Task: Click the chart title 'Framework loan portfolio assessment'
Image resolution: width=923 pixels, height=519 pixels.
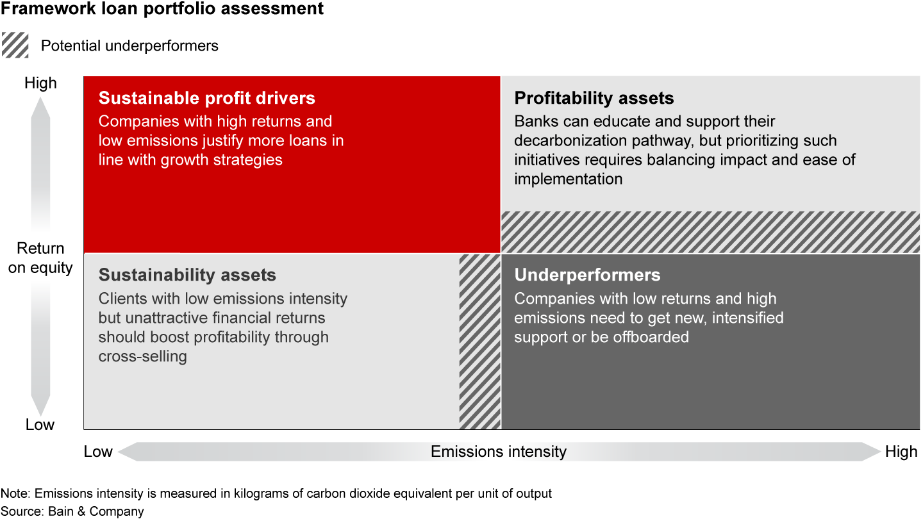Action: [162, 8]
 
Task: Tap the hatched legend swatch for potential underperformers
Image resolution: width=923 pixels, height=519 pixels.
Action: [15, 45]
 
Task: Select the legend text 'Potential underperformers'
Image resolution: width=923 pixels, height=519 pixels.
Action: [129, 45]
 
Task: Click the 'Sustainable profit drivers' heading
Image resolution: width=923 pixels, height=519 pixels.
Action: [206, 98]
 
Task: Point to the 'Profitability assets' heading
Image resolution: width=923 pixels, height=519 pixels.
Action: [594, 98]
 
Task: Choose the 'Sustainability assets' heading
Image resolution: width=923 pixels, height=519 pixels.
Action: [187, 275]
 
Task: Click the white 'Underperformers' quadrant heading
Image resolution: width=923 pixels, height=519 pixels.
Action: [587, 275]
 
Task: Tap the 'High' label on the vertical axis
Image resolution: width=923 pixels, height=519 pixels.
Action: [40, 83]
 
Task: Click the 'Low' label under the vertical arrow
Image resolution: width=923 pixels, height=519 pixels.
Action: [40, 424]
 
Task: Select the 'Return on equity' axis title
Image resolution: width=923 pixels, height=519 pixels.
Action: [40, 258]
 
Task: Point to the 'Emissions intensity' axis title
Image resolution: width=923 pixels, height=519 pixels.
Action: [499, 452]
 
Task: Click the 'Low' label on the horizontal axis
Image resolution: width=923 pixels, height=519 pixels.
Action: [98, 452]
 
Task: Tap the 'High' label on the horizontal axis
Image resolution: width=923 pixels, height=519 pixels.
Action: [901, 452]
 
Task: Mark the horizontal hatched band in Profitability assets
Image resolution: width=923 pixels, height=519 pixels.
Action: [711, 232]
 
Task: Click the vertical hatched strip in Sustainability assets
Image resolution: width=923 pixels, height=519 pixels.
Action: [479, 342]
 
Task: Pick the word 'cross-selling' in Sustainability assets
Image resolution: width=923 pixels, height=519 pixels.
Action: [142, 356]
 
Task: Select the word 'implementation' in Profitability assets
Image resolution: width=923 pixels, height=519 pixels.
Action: [568, 179]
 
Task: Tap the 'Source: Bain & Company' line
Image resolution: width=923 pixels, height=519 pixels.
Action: [72, 511]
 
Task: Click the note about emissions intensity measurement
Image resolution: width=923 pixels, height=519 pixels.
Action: [276, 493]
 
